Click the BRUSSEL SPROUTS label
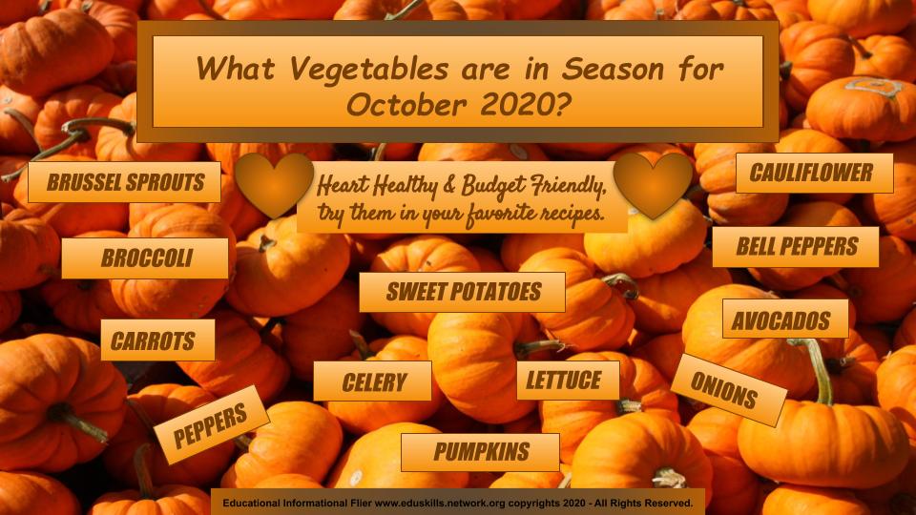pyautogui.click(x=124, y=182)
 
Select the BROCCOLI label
pyautogui.click(x=145, y=258)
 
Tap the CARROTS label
pyautogui.click(x=157, y=340)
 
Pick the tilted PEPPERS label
pyautogui.click(x=211, y=424)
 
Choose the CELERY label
pyautogui.click(x=373, y=381)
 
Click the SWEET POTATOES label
pyautogui.click(x=462, y=292)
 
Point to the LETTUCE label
pyautogui.click(x=568, y=381)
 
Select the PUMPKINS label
pyautogui.click(x=480, y=452)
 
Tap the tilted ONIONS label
pyautogui.click(x=728, y=389)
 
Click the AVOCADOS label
pyautogui.click(x=785, y=319)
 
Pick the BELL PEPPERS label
pyautogui.click(x=796, y=246)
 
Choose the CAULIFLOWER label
pyautogui.click(x=814, y=173)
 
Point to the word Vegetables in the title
pyautogui.click(x=369, y=70)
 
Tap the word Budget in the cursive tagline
pyautogui.click(x=492, y=186)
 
